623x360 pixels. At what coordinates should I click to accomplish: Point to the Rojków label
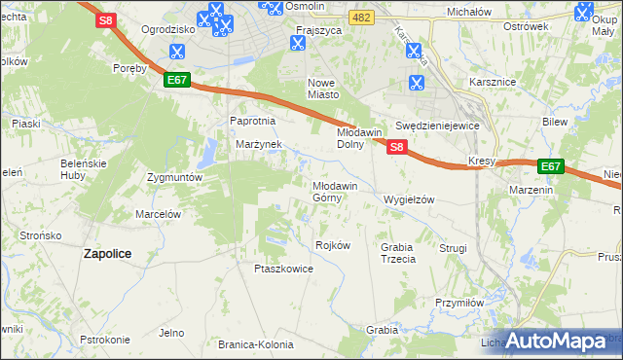(x=333, y=245)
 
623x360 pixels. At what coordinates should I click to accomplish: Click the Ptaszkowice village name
(x=282, y=270)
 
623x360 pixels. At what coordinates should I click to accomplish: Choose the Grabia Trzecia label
(x=397, y=253)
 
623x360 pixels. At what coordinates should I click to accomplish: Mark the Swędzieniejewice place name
(x=438, y=126)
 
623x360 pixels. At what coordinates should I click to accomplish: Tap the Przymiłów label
(x=459, y=303)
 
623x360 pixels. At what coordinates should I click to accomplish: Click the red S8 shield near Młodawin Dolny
(x=396, y=147)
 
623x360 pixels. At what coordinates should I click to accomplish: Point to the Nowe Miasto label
(x=323, y=89)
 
